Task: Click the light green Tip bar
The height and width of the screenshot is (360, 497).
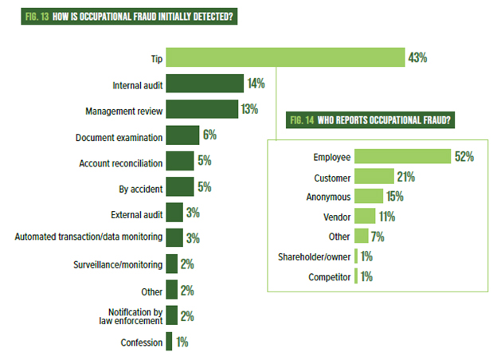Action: click(x=285, y=58)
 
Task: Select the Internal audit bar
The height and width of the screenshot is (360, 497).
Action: click(x=204, y=84)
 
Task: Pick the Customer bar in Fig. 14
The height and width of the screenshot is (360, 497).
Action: click(x=374, y=176)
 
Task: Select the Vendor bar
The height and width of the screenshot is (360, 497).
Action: click(x=365, y=216)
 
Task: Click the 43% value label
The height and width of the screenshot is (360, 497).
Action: click(x=419, y=58)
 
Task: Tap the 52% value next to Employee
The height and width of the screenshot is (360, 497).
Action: click(x=464, y=156)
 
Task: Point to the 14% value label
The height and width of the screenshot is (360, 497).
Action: click(x=256, y=84)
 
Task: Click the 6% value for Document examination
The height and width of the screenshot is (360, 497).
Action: click(x=210, y=136)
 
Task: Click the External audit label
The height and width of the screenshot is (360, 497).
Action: click(x=137, y=213)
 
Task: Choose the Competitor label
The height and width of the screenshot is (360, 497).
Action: click(x=328, y=277)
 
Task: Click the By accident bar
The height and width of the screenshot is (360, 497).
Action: click(x=179, y=187)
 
